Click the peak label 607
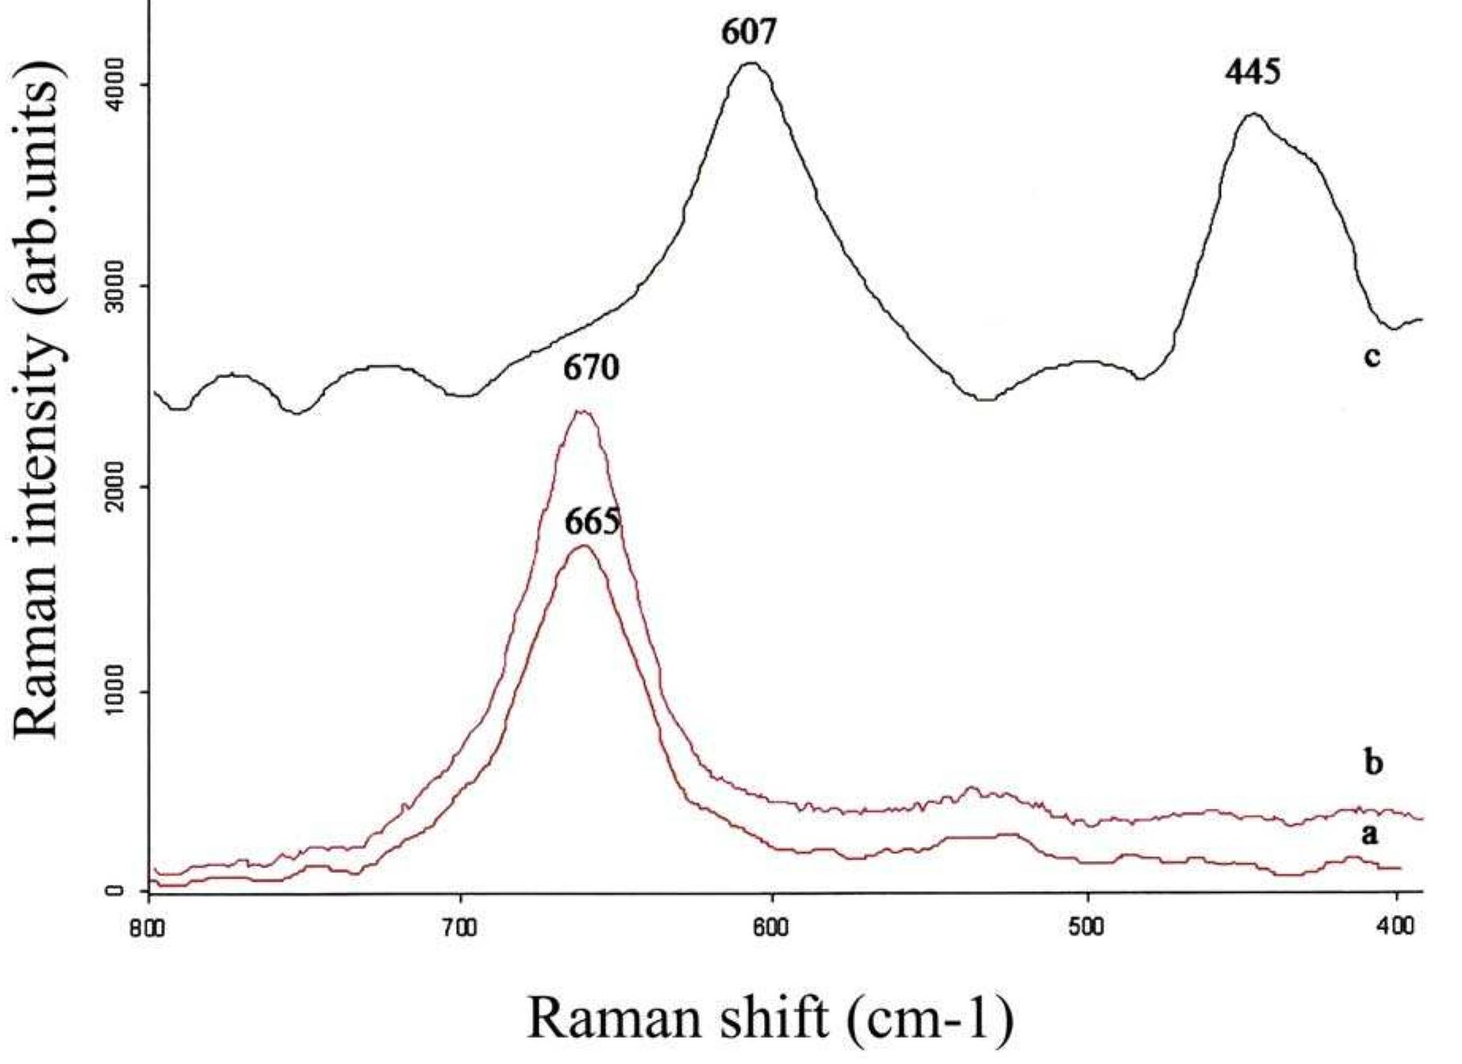pos(749,33)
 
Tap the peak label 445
pos(1252,74)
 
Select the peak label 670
pos(591,369)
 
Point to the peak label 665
pos(593,522)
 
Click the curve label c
pos(1372,356)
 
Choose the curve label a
pos(1372,833)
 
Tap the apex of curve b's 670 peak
pos(583,411)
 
